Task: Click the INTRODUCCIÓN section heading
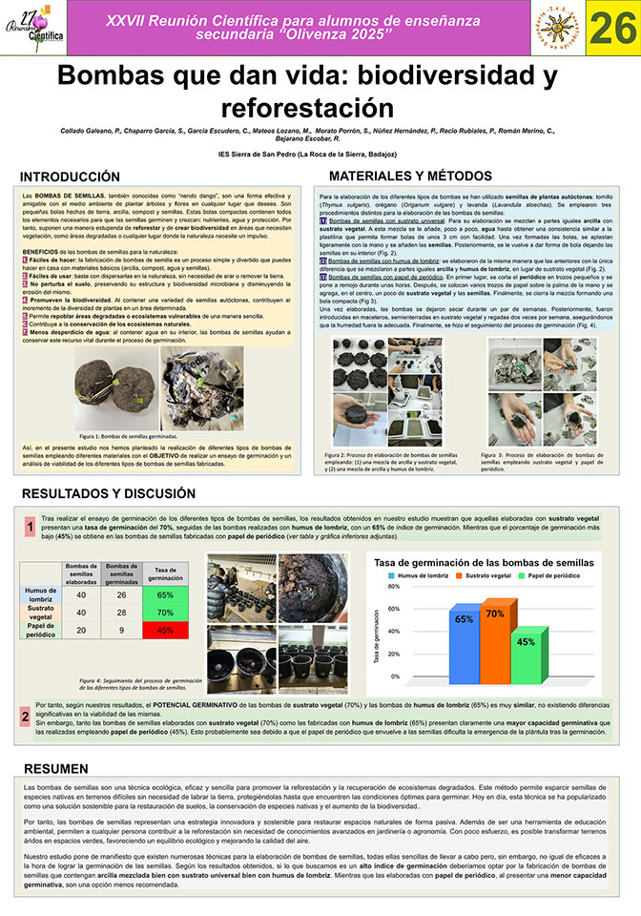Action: tap(70, 177)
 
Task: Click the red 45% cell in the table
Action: tap(164, 630)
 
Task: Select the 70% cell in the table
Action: tap(164, 612)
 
